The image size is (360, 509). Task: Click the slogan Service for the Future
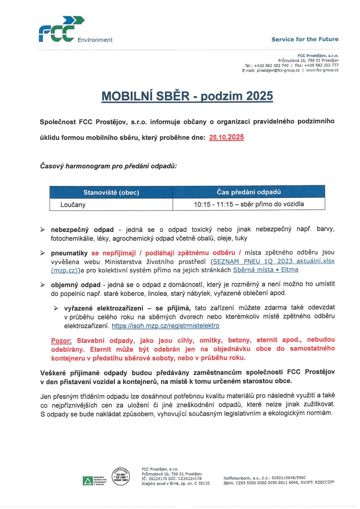click(305, 39)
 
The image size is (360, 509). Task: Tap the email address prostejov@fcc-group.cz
click(278, 70)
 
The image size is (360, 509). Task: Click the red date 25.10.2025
click(226, 138)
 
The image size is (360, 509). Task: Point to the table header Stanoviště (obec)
click(111, 193)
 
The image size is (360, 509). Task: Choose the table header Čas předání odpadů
click(249, 192)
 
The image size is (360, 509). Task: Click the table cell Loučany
click(73, 205)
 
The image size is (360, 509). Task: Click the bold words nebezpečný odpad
click(82, 230)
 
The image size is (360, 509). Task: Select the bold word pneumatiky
click(69, 253)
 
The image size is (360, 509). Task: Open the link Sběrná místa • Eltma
click(265, 270)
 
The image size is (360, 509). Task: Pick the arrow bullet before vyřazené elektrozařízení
click(56, 308)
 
